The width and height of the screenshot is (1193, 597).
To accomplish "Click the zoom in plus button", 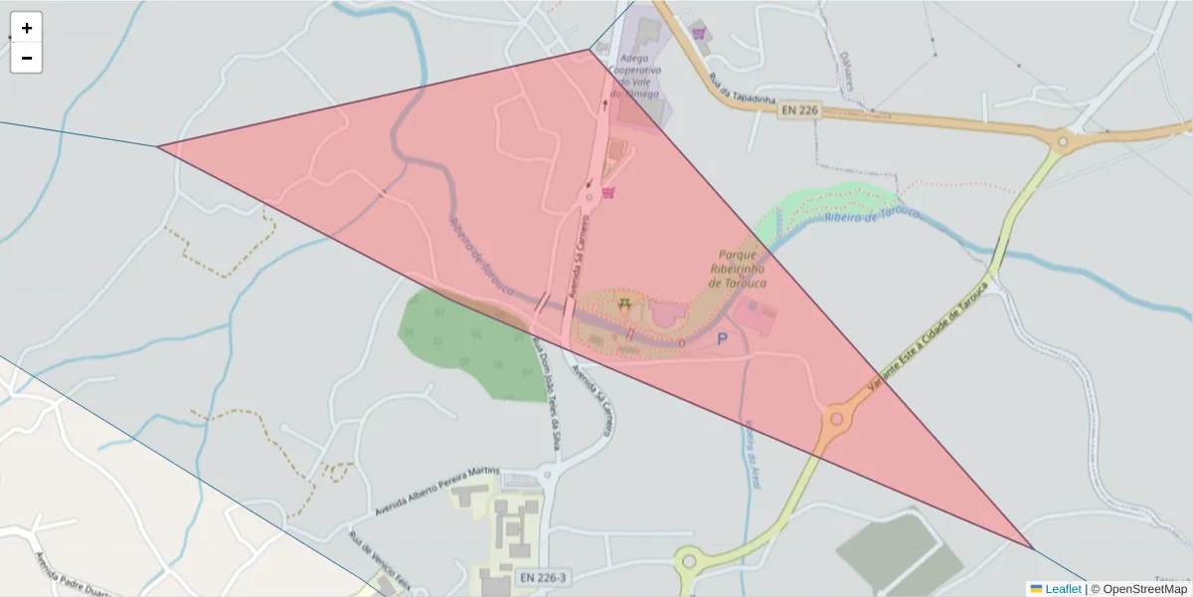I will pos(27,28).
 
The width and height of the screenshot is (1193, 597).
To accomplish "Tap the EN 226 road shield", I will pos(798,110).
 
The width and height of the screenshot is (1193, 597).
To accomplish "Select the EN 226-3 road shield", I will pos(542,577).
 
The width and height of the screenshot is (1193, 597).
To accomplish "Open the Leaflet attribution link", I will pos(1062,589).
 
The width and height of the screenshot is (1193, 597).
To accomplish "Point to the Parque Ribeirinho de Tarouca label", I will pos(738,269).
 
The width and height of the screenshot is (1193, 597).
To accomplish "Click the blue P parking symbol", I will pos(722,339).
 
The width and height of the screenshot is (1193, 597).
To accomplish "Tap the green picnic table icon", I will pos(624,303).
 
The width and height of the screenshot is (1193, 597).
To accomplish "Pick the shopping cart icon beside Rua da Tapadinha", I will pos(700,33).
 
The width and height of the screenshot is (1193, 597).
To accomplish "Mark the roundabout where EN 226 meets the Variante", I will pos(1062,142).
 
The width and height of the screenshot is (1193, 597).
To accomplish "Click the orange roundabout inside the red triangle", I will pos(837,419).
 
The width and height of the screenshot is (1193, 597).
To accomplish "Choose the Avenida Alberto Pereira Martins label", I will pos(437,492).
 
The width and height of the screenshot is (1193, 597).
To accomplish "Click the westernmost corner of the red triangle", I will pos(157,147).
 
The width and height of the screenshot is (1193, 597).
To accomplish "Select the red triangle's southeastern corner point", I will pos(1034,549).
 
